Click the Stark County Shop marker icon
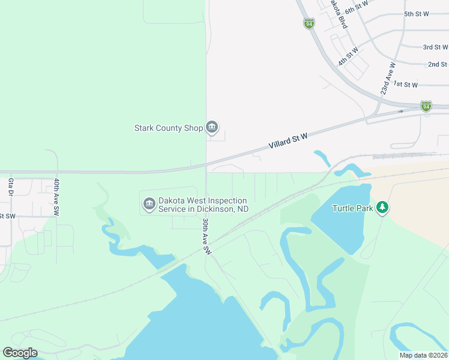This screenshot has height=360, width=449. coord(212,127)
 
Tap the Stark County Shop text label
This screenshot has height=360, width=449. coord(169,128)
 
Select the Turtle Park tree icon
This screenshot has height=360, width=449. coord(382,208)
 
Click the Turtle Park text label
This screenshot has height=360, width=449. coord(353,209)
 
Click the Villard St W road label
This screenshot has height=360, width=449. coord(288,142)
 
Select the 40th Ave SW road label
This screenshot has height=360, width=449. coord(56,197)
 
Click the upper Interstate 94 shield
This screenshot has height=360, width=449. coord(309,23)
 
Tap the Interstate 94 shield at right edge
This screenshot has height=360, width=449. coord(426,106)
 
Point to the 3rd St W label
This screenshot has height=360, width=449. coord(436,47)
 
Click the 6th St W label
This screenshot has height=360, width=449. coord(355,9)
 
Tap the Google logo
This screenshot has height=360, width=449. coord(20,353)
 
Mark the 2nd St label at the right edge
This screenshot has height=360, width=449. coord(438,64)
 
